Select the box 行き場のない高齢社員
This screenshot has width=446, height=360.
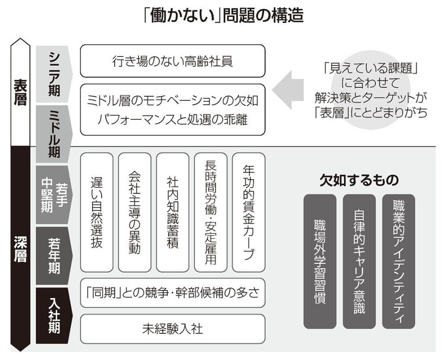(173, 61)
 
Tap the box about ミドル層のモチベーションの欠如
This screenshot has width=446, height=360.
(173, 110)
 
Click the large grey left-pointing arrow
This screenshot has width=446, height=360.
(288, 90)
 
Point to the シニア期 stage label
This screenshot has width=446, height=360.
(54, 74)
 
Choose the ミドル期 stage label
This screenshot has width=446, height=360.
(54, 134)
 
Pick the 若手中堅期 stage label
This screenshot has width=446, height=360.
(54, 195)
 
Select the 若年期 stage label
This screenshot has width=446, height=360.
(54, 256)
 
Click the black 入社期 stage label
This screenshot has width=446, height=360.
(54, 316)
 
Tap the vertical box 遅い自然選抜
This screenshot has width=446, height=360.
(97, 212)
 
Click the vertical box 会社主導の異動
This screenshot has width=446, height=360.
(135, 212)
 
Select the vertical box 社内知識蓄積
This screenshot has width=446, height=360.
(173, 212)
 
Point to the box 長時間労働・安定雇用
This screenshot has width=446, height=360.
(211, 212)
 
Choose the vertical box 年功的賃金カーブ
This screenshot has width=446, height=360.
(248, 212)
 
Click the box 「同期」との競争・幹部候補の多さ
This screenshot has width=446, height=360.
(173, 293)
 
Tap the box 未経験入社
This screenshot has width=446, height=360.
(173, 329)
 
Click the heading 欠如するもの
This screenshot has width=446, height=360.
(359, 180)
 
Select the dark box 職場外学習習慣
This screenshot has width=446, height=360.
(320, 262)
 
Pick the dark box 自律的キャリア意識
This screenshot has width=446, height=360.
(359, 262)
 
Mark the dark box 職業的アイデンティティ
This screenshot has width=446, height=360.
(398, 262)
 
